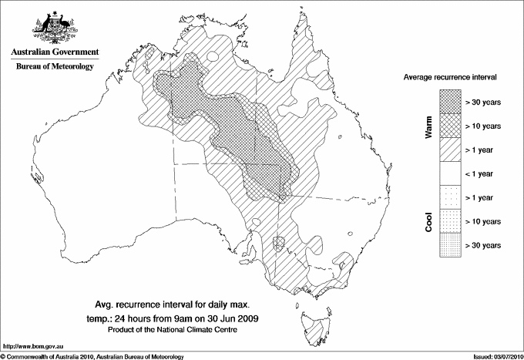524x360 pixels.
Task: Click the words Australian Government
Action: [x=55, y=52]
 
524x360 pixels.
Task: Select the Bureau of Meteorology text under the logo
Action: [x=55, y=67]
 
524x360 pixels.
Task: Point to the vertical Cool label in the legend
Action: [x=428, y=220]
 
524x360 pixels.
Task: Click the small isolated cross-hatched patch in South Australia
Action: [x=280, y=242]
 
